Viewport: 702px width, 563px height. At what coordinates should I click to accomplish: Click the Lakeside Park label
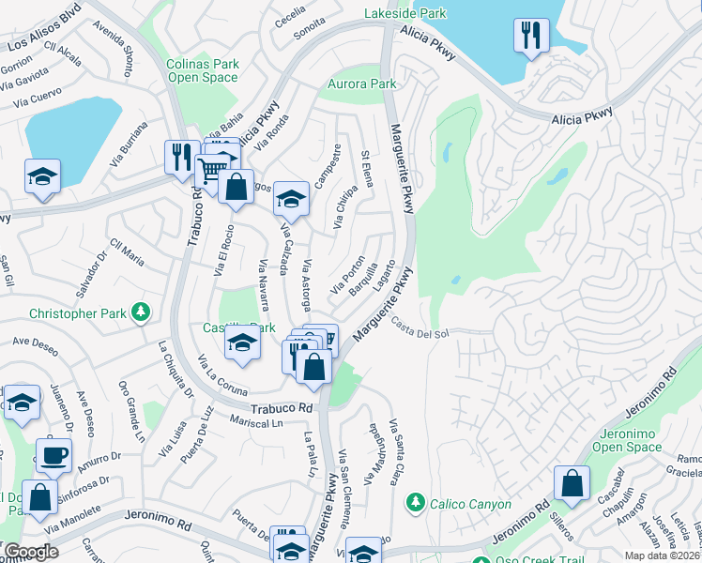point(405,14)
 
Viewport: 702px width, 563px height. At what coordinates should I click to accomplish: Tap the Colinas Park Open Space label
point(203,71)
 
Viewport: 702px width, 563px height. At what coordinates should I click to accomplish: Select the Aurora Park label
point(361,84)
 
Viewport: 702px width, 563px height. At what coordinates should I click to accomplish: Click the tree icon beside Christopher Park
point(140,311)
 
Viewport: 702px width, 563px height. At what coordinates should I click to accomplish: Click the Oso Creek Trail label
point(540,561)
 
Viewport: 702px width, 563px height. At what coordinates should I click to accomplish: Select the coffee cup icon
point(53,456)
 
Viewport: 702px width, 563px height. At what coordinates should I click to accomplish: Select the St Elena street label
point(367,168)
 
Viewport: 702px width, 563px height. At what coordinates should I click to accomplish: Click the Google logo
point(31,552)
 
